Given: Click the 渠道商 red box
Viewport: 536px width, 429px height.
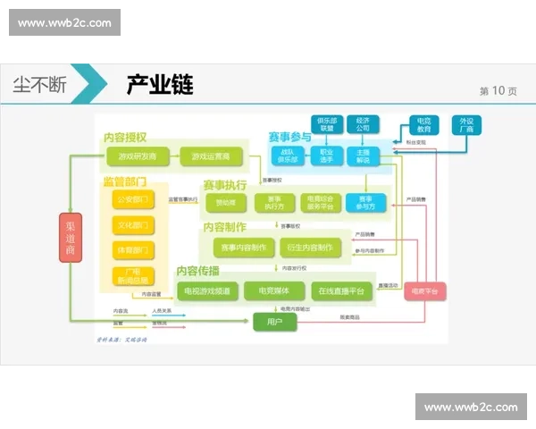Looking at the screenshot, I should click(71, 239).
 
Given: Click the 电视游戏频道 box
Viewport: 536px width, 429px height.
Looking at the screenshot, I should click(206, 290).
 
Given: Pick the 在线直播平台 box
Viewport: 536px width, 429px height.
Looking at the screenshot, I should click(340, 290).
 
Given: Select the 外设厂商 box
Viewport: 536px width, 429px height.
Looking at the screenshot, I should click(465, 125).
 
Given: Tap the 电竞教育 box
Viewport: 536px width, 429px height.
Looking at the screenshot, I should click(423, 125).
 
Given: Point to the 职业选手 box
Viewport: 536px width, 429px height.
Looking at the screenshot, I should click(326, 156).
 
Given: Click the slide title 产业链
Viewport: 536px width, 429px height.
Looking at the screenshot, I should click(161, 86).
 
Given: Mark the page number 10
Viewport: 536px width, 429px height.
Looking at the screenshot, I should click(498, 90).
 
